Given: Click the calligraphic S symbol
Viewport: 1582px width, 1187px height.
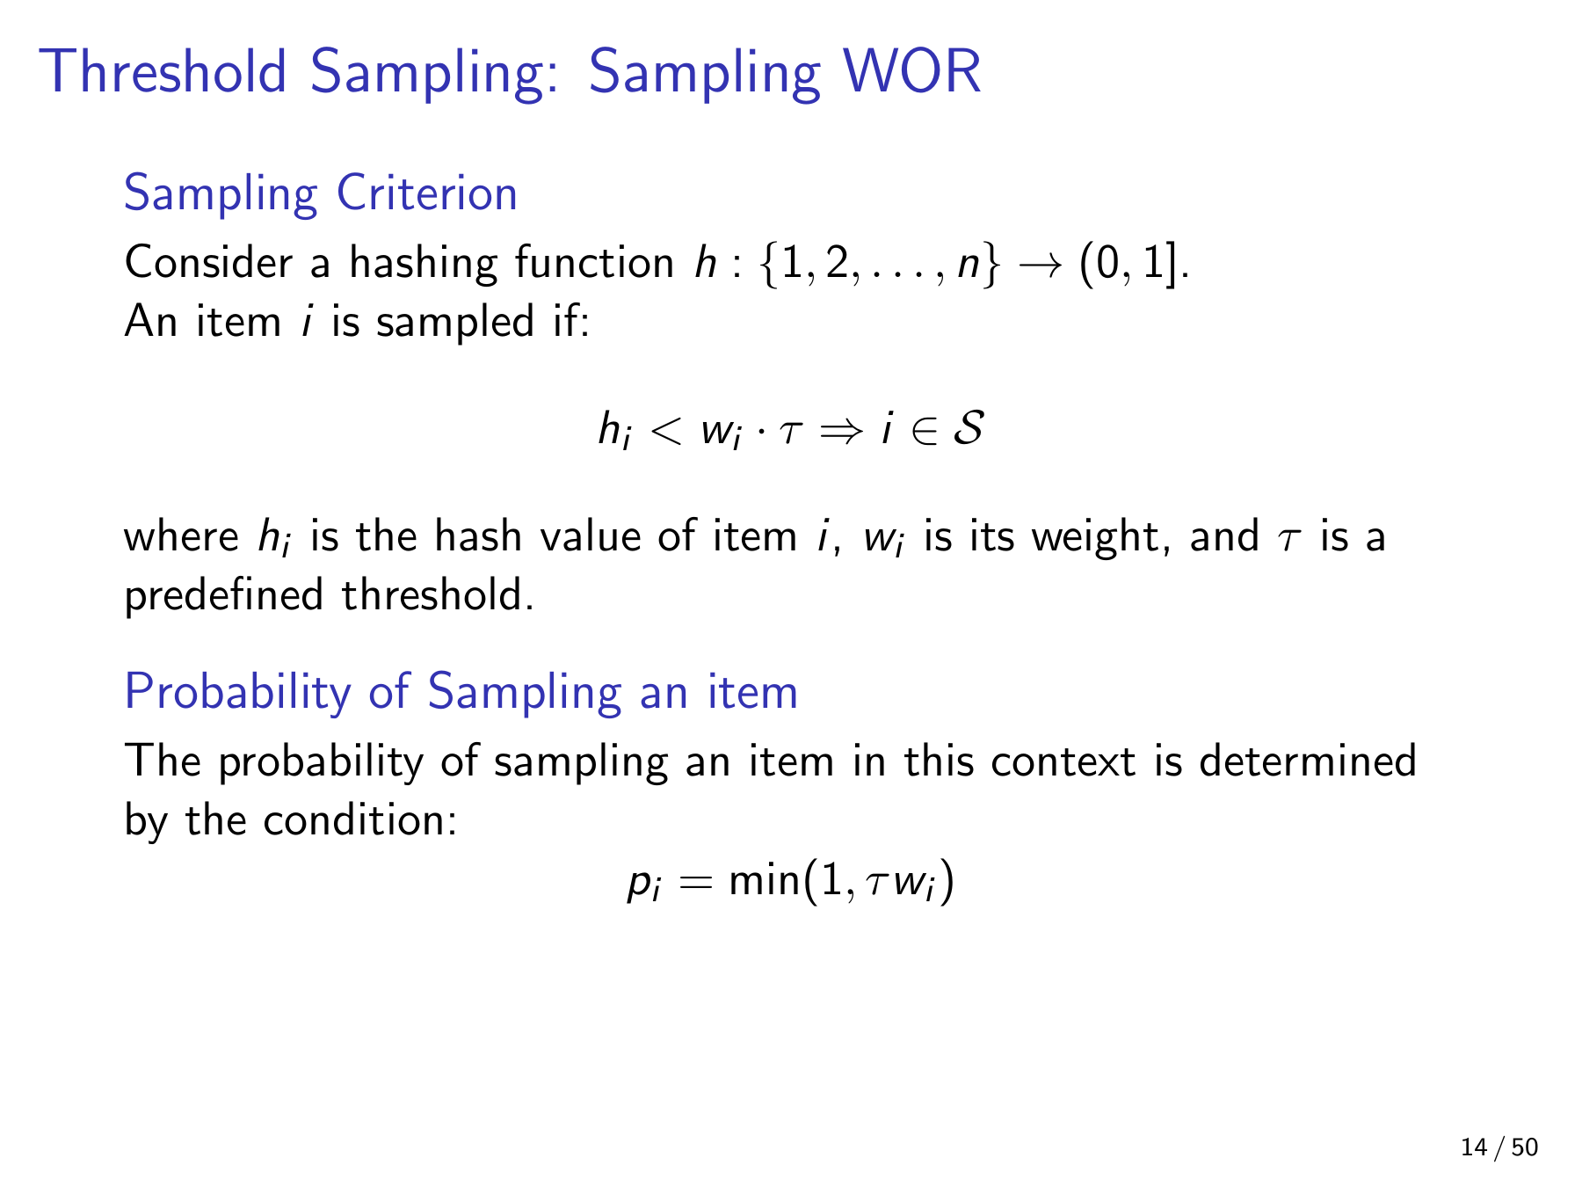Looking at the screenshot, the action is click(968, 429).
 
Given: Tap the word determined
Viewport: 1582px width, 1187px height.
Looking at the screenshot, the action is click(1307, 761).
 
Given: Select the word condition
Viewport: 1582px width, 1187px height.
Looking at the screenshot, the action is click(359, 820).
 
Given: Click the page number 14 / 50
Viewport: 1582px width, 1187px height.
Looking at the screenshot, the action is click(1499, 1147).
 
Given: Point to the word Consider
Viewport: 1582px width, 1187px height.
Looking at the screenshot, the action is click(208, 264).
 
